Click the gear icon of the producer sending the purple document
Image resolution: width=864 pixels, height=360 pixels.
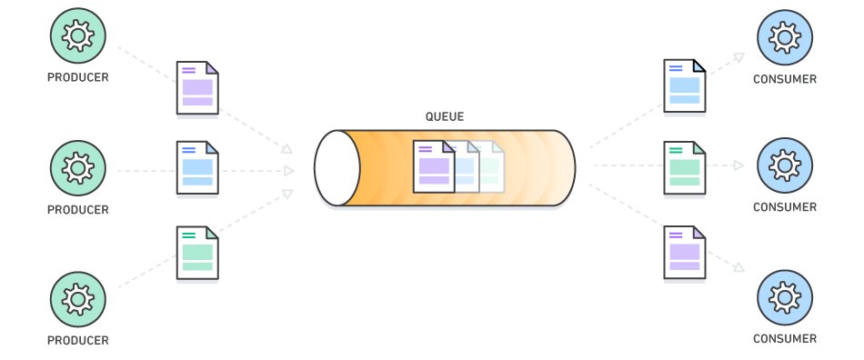[x=77, y=35]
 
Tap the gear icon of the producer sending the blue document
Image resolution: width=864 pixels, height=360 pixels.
[x=77, y=167]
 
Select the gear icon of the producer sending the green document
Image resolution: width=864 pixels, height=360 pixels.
[x=77, y=298]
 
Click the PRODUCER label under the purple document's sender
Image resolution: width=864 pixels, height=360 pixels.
[x=77, y=78]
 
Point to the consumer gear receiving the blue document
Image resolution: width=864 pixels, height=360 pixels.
[x=784, y=35]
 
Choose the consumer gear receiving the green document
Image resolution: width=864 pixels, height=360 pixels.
[x=784, y=166]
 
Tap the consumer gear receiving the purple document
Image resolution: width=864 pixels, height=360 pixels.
[x=784, y=297]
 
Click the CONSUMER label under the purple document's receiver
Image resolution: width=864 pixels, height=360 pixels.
[x=784, y=339]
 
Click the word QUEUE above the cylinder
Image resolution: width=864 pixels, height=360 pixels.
[x=446, y=116]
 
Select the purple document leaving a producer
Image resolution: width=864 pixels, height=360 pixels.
[x=197, y=88]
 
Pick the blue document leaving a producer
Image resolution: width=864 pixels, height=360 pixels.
[x=197, y=167]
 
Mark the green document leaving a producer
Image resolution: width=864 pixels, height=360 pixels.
[x=197, y=252]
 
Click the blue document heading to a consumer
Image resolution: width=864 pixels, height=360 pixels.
[x=684, y=86]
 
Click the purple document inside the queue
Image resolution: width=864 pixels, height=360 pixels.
[x=433, y=166]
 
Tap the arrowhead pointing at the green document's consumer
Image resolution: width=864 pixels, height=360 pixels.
[x=738, y=166]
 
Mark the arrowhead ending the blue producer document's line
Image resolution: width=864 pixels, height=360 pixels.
[x=289, y=170]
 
